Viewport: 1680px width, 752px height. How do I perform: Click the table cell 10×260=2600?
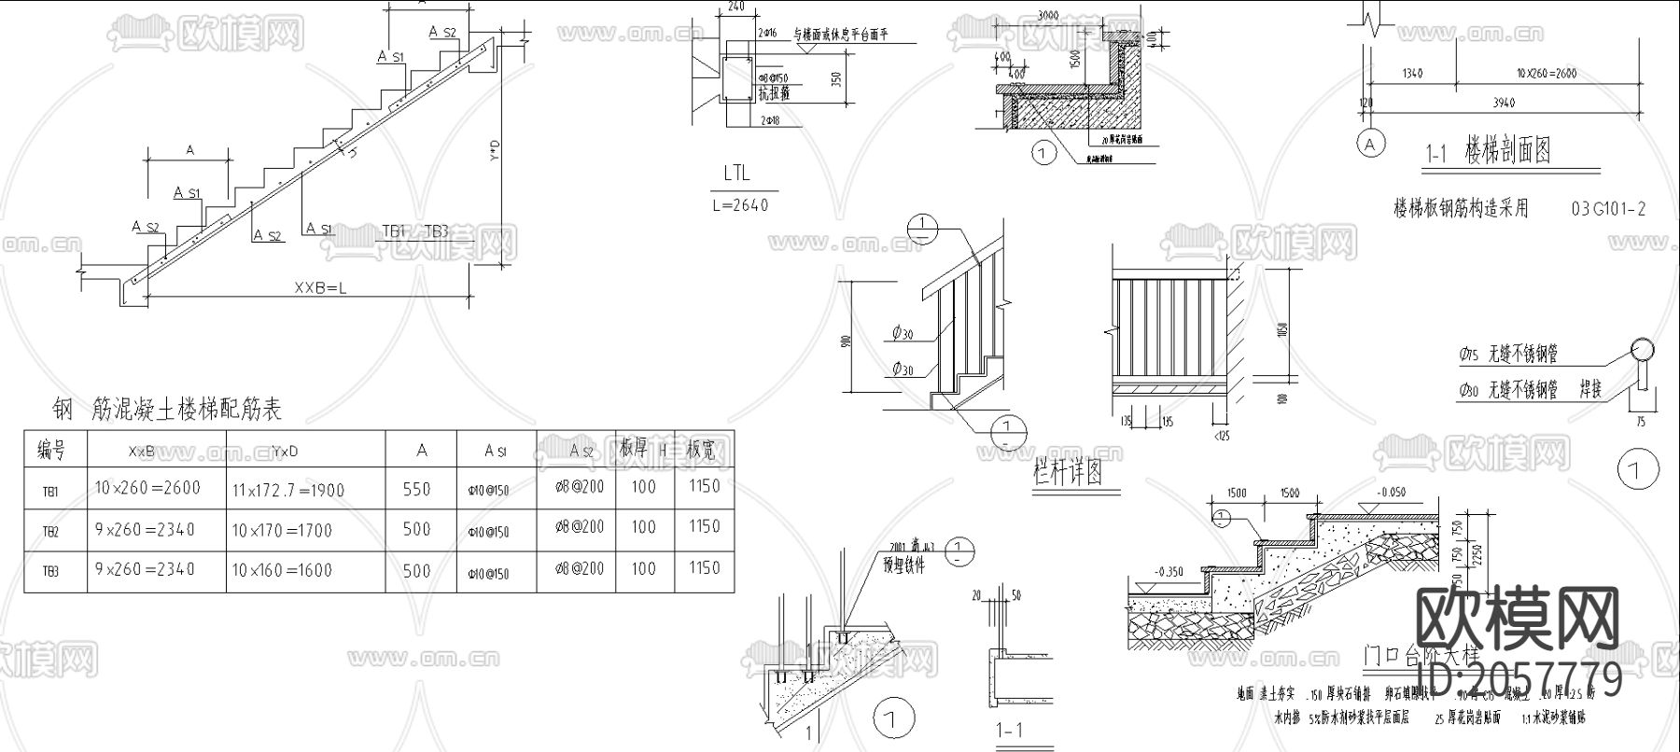coord(147,487)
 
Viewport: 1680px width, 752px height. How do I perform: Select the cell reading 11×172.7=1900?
coord(287,490)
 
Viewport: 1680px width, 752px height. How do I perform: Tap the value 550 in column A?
coord(416,489)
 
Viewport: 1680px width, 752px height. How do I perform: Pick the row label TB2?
coord(50,531)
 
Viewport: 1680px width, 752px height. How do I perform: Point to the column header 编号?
coord(51,451)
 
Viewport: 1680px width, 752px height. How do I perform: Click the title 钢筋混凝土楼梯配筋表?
coord(167,409)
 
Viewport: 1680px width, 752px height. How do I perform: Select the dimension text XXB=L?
coord(319,288)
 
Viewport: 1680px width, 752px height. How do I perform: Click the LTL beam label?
coord(735,174)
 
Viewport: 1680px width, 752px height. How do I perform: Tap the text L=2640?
coord(740,204)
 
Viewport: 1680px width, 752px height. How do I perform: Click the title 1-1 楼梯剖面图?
coord(1488,150)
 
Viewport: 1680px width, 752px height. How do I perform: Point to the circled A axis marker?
coord(1370,144)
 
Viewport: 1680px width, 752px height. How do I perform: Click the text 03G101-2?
coord(1608,208)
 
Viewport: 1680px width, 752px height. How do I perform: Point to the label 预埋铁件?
coord(903,564)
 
